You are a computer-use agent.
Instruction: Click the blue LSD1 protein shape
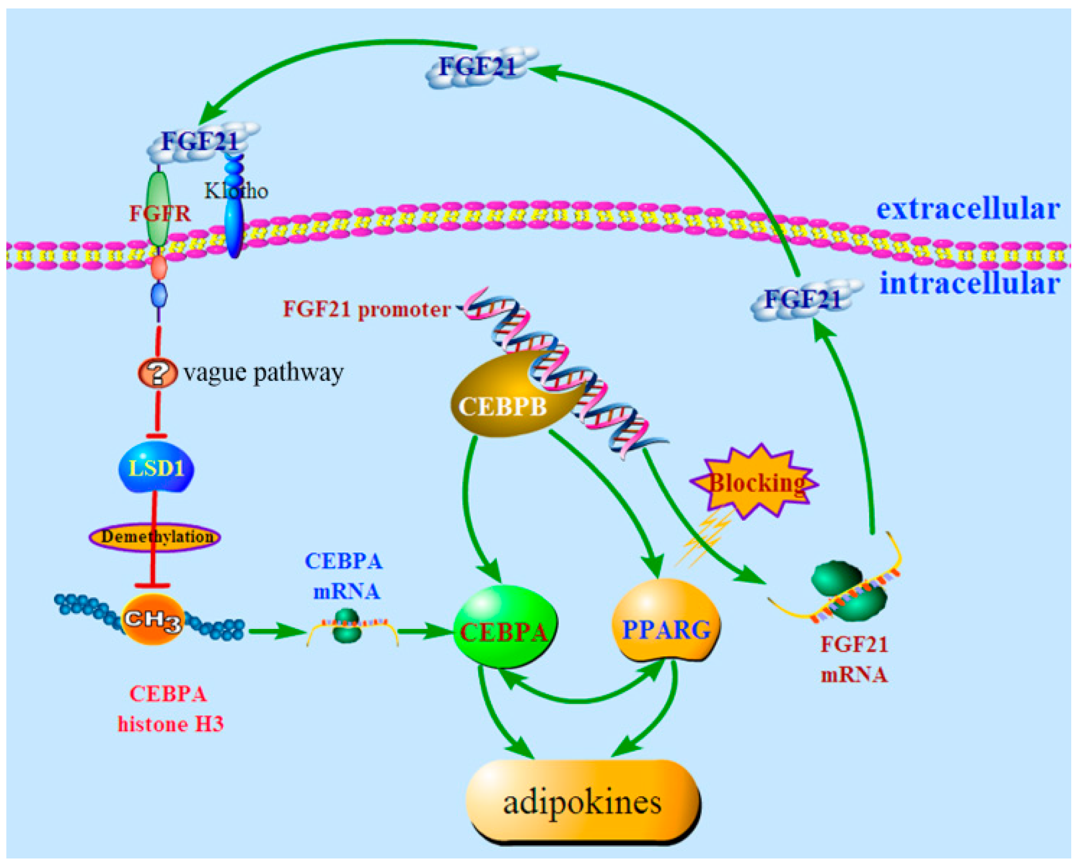[x=156, y=468]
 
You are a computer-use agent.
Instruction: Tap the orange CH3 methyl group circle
[x=153, y=619]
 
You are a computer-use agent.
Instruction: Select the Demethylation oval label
[x=154, y=536]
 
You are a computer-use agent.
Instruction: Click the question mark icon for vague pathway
[x=157, y=372]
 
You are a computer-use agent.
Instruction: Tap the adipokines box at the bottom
[x=582, y=802]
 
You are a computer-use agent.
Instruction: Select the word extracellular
[x=968, y=208]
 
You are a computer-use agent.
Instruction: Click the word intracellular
[x=969, y=283]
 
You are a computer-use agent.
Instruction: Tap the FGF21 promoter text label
[x=366, y=309]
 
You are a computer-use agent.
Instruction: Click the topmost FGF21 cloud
[x=479, y=67]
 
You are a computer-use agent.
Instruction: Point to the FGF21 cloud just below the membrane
[x=803, y=300]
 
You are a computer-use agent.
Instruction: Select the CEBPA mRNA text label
[x=345, y=575]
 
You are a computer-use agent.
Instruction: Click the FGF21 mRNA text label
[x=854, y=659]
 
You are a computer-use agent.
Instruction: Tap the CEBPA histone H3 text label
[x=169, y=709]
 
